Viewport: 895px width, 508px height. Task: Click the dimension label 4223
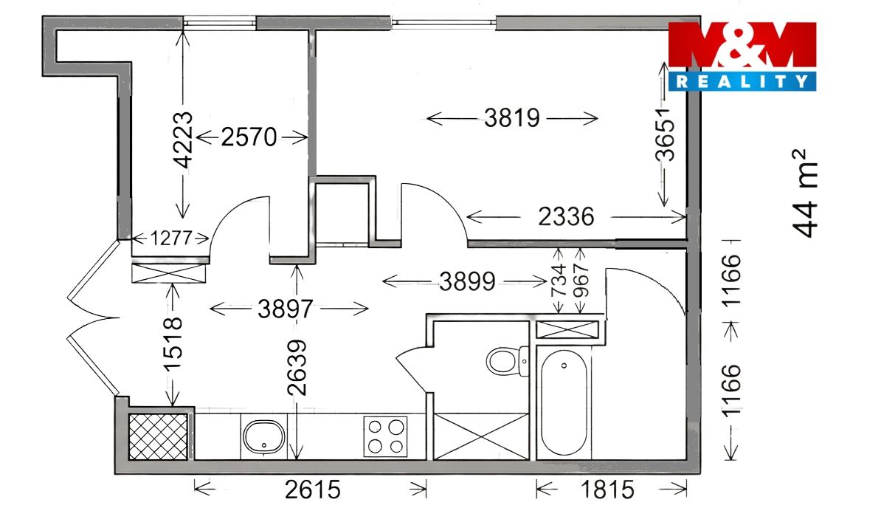tap(184, 140)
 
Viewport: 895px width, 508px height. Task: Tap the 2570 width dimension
tap(249, 137)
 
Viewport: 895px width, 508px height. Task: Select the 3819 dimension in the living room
tap(512, 118)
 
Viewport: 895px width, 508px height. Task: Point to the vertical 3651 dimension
tap(666, 134)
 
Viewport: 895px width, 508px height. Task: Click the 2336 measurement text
tap(566, 216)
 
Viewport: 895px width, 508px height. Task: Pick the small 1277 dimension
tap(171, 238)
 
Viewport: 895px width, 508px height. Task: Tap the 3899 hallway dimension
tap(467, 281)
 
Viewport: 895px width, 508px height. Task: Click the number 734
tap(559, 280)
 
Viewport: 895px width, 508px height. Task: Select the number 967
tap(581, 280)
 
